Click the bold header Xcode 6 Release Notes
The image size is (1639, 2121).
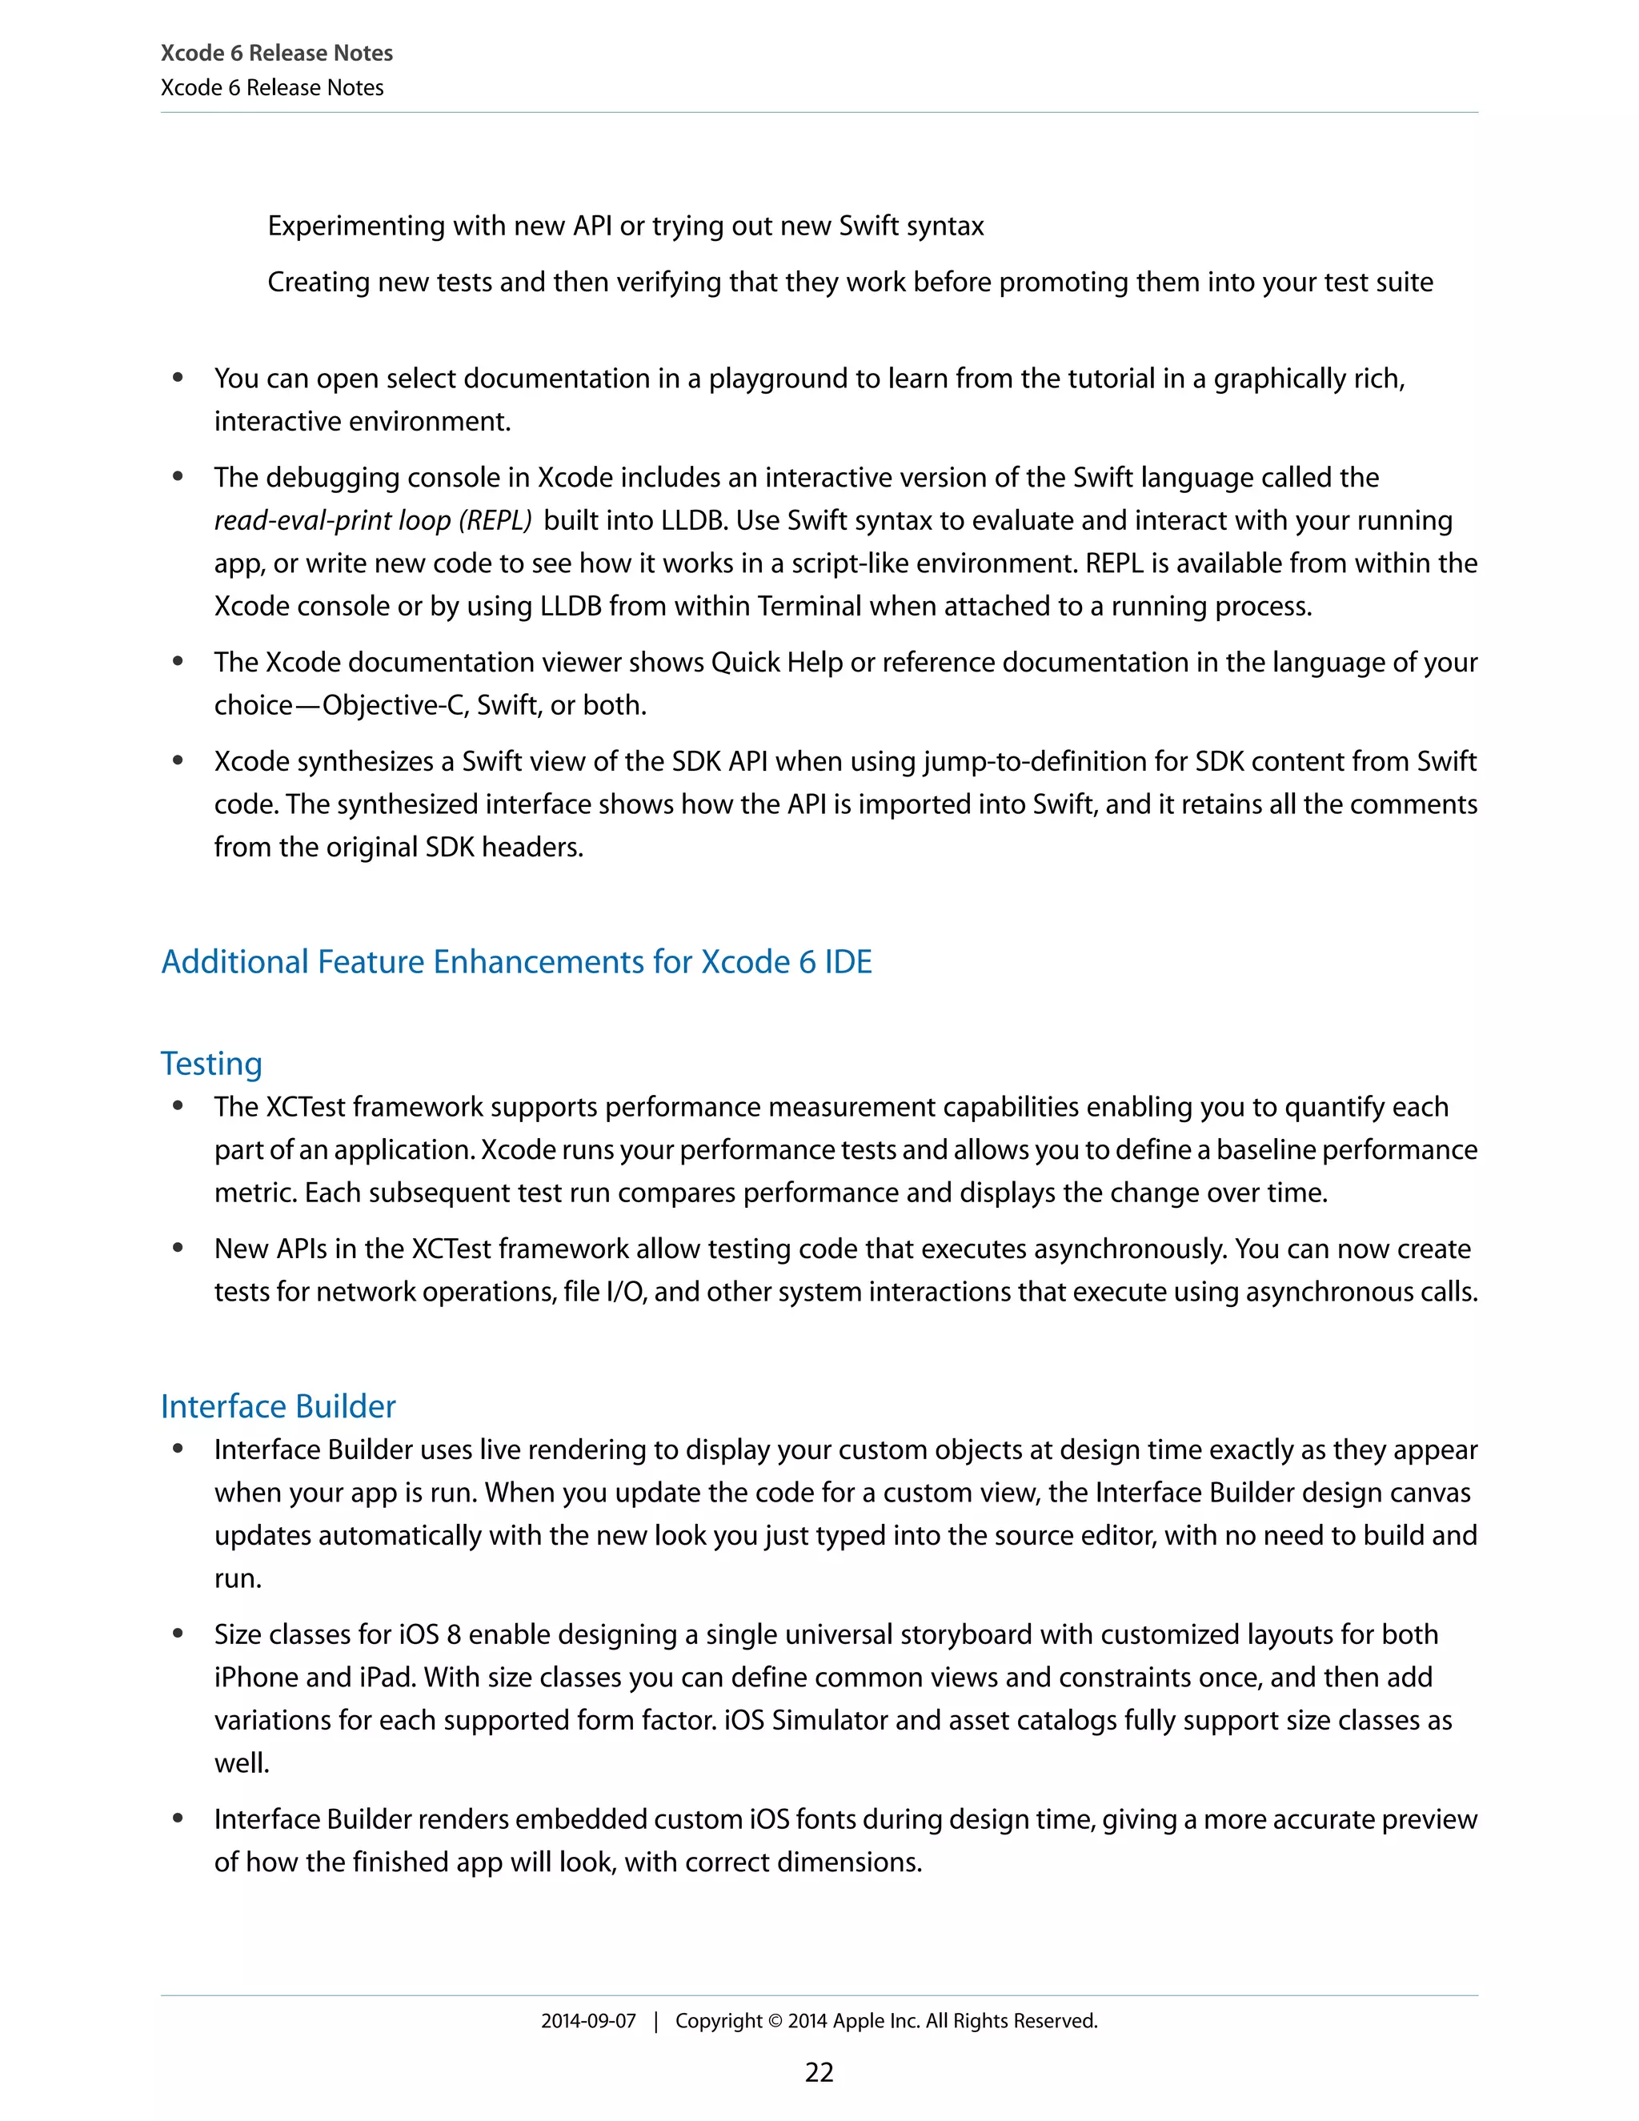click(277, 54)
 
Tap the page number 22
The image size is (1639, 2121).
click(819, 2071)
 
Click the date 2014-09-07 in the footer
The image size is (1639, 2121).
click(587, 2020)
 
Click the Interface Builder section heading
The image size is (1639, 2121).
click(278, 1405)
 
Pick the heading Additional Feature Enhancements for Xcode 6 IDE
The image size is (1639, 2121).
click(515, 960)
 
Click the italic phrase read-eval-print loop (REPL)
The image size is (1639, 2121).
click(373, 520)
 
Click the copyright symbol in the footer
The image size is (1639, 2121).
click(775, 2020)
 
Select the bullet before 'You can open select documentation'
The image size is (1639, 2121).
click(178, 378)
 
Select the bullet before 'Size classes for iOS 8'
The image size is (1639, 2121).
click(178, 1634)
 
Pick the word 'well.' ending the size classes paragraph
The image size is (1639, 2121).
click(242, 1762)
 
